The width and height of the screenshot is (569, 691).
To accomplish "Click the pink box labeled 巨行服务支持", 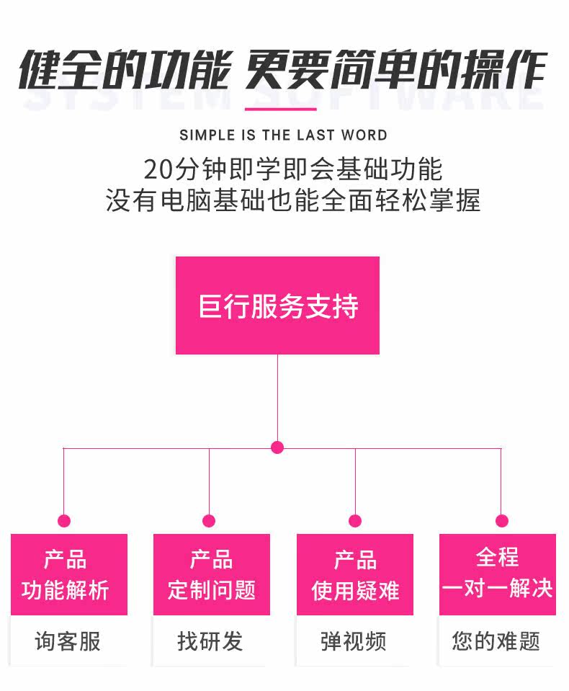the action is [277, 306].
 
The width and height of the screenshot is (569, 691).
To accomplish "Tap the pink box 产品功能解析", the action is [68, 574].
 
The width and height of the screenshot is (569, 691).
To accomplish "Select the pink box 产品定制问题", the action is [212, 574].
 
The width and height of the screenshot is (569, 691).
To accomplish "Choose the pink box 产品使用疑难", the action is [355, 574].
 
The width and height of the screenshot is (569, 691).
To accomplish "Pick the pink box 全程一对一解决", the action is [498, 574].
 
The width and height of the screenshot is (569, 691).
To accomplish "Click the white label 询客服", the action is [68, 641].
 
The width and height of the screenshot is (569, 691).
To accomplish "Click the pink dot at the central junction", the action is [277, 447].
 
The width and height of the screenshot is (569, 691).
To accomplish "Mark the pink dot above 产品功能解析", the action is [64, 521].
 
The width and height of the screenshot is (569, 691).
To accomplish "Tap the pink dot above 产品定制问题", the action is [209, 521].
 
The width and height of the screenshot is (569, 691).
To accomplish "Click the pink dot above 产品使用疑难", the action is [355, 521].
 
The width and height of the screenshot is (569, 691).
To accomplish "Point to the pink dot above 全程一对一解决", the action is [502, 521].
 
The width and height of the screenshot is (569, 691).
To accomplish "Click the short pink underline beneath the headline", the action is [280, 110].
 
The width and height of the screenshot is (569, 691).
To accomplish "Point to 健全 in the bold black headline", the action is [60, 72].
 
